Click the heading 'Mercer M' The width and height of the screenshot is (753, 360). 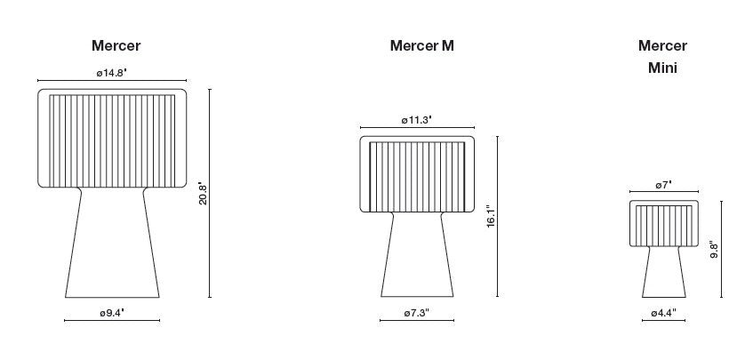click(x=421, y=45)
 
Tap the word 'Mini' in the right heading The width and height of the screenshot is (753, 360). click(x=662, y=68)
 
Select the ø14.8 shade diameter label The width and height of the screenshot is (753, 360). click(x=111, y=73)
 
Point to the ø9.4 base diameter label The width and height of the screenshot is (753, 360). click(x=112, y=313)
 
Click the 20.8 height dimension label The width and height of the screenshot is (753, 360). click(x=203, y=193)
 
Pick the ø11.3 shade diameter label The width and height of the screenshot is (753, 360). click(x=417, y=120)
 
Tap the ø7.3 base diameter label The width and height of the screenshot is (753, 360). click(x=416, y=313)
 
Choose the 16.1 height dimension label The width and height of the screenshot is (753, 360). click(x=491, y=216)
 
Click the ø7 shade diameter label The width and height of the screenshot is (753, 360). click(x=664, y=184)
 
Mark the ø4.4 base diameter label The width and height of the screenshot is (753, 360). click(x=664, y=313)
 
